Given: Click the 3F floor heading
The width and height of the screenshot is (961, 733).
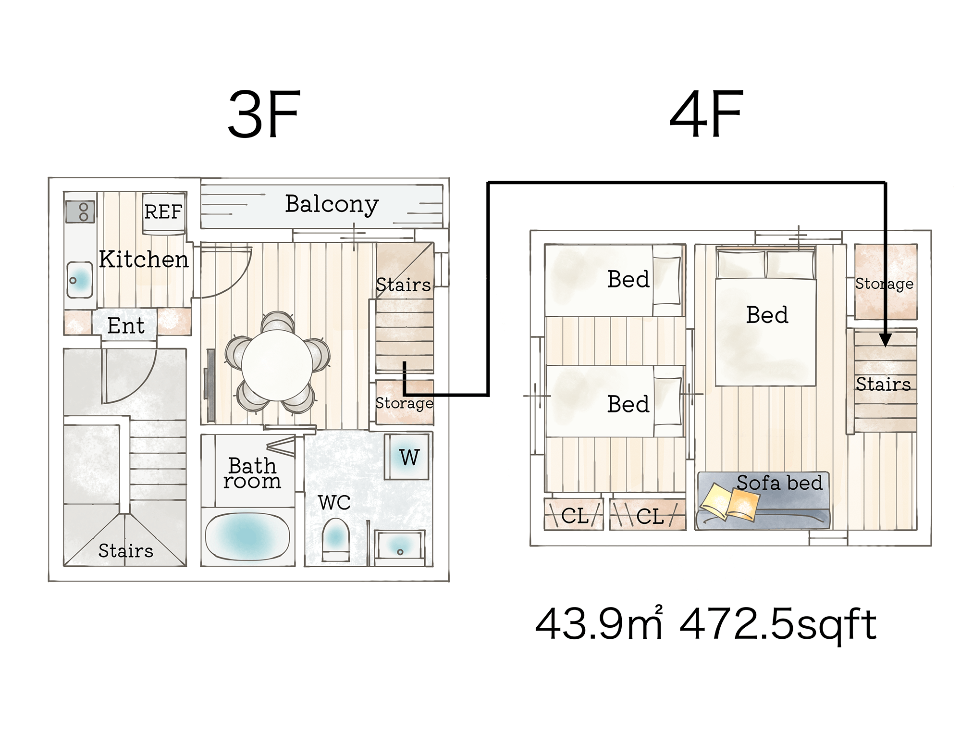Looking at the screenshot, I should (264, 115).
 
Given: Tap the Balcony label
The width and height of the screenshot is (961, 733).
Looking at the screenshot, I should (332, 204).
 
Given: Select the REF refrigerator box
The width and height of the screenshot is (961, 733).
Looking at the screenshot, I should (163, 212).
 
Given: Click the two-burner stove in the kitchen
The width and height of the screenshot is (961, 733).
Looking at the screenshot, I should (80, 212).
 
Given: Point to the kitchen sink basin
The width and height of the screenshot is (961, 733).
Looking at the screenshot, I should (80, 279).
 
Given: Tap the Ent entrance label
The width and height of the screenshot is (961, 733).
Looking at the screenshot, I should (125, 326).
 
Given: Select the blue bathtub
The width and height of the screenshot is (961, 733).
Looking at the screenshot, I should (247, 535).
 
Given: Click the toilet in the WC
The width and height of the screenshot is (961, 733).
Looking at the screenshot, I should (335, 537).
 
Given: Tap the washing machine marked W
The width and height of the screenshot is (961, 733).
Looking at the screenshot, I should (408, 457).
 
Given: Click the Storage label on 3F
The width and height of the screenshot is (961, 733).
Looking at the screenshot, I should (404, 403).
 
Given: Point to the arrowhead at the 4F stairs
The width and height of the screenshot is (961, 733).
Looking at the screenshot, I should (885, 340).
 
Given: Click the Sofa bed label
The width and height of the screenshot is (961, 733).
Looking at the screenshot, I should (779, 483).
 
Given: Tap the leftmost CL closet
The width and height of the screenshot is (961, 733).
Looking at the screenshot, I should (573, 515).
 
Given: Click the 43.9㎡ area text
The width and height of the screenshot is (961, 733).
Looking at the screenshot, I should (599, 624).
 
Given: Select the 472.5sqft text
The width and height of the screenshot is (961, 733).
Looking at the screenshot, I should (778, 624).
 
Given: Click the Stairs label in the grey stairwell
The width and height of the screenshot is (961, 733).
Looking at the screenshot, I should (125, 551).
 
